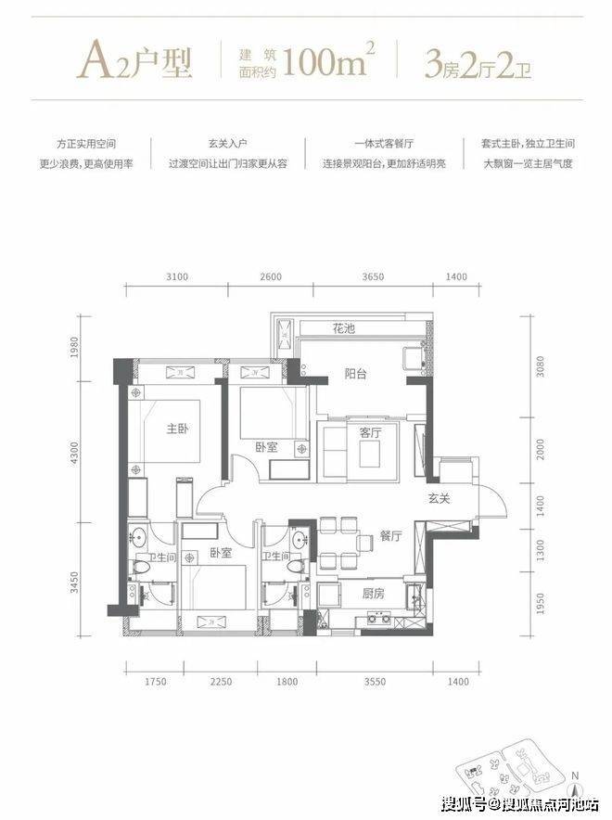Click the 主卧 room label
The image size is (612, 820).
click(x=177, y=429)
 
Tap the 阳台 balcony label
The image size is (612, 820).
click(x=355, y=374)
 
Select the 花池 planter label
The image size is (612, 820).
click(x=343, y=328)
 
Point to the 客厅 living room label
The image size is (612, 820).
click(x=370, y=432)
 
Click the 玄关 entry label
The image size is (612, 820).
click(x=439, y=499)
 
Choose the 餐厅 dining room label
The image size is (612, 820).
click(x=390, y=535)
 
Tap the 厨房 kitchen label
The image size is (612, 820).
click(x=373, y=594)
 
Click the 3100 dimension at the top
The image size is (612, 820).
click(x=177, y=276)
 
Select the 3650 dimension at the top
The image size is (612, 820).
click(x=373, y=276)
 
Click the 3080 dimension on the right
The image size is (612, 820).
click(x=540, y=366)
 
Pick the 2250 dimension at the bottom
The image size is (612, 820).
click(x=221, y=682)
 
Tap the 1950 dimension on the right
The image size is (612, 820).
click(x=540, y=604)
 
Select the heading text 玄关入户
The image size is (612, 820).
click(x=228, y=143)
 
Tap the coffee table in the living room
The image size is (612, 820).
click(x=370, y=454)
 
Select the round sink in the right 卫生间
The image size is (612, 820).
click(x=300, y=540)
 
